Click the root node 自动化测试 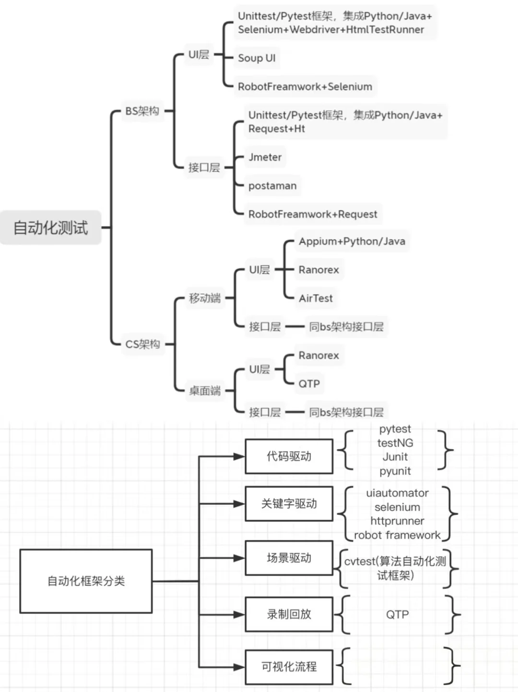tap(50, 227)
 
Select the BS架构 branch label tap(142, 111)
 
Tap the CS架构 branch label tap(142, 344)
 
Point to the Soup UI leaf tap(257, 58)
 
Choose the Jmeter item tap(265, 157)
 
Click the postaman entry tap(272, 186)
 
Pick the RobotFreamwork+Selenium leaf tap(305, 86)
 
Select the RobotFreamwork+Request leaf tap(313, 214)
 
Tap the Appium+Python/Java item tap(352, 241)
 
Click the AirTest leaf tap(316, 298)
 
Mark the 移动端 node tap(205, 298)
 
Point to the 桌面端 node tap(205, 391)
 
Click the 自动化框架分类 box tap(86, 581)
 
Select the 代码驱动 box tap(289, 456)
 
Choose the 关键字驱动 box tap(289, 504)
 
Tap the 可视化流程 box tap(289, 667)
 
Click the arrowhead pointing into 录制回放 tap(239, 614)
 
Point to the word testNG tap(395, 443)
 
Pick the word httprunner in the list tap(397, 521)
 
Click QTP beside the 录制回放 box tap(397, 615)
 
